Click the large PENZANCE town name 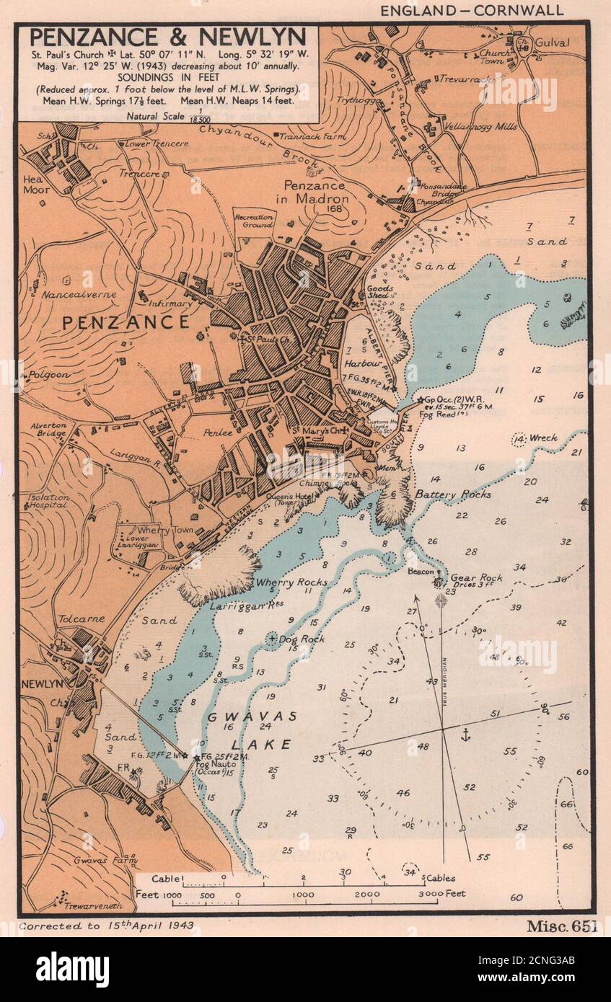(126, 322)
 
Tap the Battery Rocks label (452, 495)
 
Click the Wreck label (542, 438)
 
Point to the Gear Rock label (476, 578)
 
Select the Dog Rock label (302, 639)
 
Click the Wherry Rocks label (291, 582)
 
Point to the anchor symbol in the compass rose (465, 735)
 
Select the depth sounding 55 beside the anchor (509, 751)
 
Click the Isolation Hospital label (48, 501)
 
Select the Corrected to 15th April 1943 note (107, 925)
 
